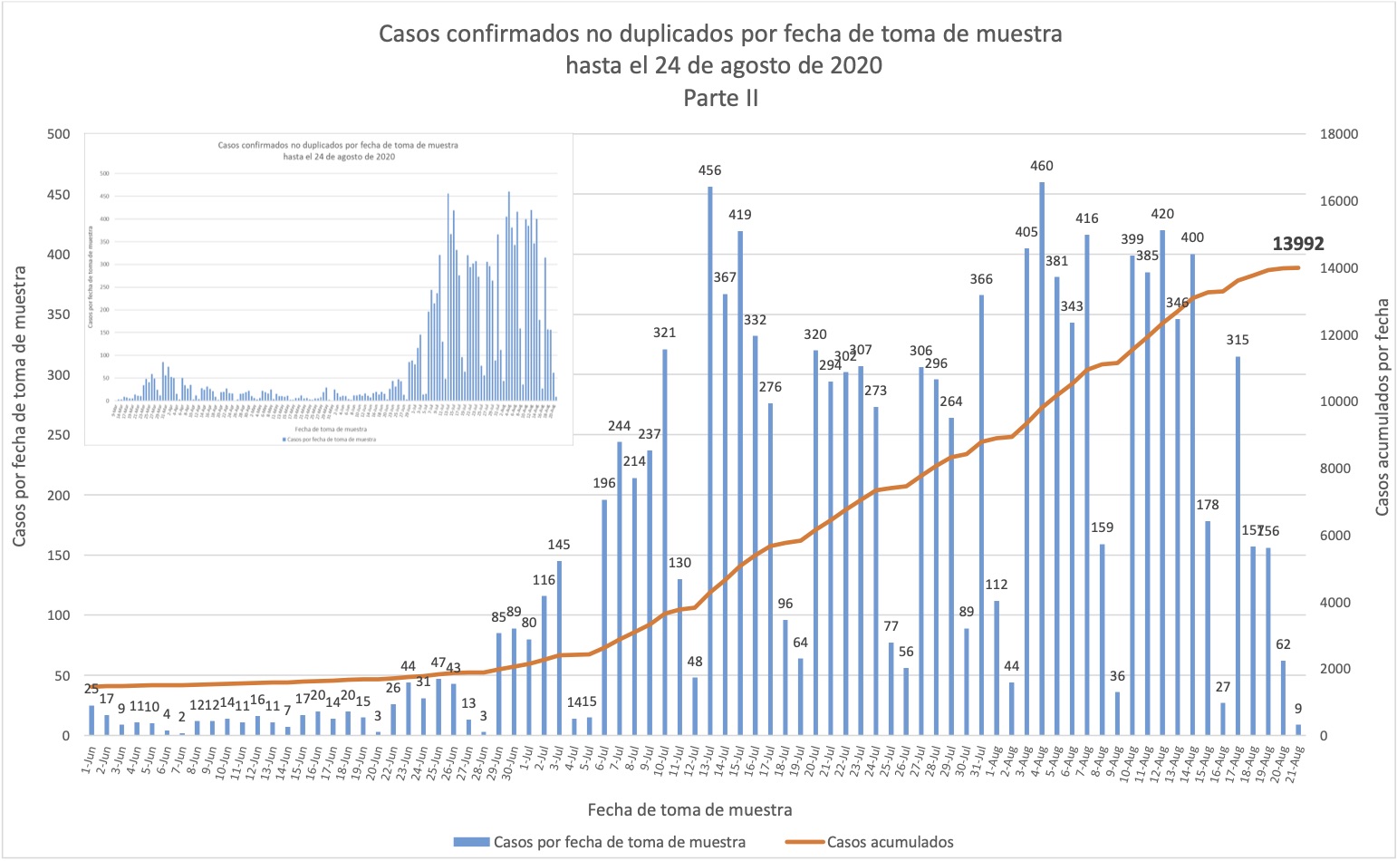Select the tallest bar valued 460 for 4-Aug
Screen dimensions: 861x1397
(x=1042, y=459)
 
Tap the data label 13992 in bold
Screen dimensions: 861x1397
(x=1297, y=244)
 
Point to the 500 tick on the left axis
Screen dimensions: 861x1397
(x=58, y=134)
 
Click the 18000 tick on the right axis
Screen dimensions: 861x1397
(x=1339, y=134)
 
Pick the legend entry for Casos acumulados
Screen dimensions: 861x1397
(x=890, y=842)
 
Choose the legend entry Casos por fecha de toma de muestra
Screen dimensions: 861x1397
(x=619, y=842)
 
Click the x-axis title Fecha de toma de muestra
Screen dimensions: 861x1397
(x=689, y=809)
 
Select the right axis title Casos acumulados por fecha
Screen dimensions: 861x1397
(x=1382, y=408)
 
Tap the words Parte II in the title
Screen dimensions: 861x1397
(x=720, y=98)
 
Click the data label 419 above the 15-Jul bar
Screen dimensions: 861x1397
(x=739, y=215)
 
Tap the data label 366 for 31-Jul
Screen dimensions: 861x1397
(x=981, y=279)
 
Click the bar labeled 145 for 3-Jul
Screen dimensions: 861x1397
(x=559, y=648)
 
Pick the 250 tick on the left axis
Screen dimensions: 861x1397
(x=58, y=435)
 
